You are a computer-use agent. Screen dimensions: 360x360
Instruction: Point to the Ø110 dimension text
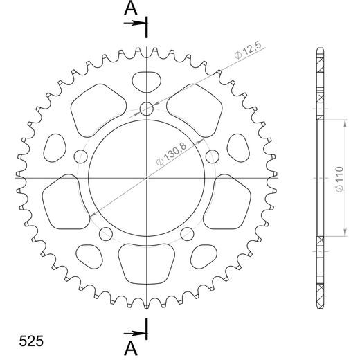(x=334, y=178)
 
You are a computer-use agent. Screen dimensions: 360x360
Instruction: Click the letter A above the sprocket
(x=129, y=9)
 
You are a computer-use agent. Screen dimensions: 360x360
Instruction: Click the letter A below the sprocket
(x=129, y=345)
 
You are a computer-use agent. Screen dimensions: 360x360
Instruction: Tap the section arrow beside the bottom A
(x=136, y=330)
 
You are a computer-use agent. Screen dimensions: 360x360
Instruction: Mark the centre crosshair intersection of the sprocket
(x=147, y=178)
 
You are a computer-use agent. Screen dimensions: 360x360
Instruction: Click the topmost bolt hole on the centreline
(x=147, y=108)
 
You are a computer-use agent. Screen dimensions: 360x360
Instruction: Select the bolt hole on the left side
(x=80, y=155)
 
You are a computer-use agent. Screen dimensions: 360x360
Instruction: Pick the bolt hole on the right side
(x=213, y=155)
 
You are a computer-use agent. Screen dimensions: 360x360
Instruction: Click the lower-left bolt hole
(x=105, y=233)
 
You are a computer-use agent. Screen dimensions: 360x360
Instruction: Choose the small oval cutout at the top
(x=147, y=81)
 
